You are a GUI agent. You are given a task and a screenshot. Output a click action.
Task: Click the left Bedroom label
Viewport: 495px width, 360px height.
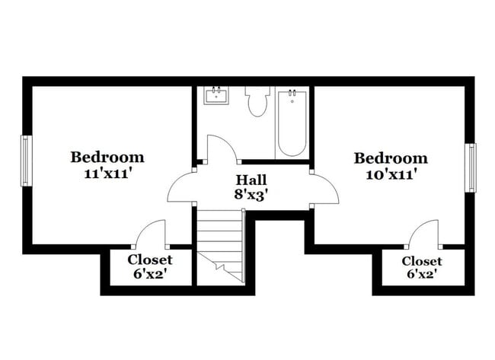[x=107, y=158]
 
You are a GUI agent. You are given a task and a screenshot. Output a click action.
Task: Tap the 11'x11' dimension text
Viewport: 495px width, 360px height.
[x=107, y=173]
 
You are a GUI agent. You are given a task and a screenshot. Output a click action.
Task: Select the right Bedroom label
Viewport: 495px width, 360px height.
[x=391, y=158]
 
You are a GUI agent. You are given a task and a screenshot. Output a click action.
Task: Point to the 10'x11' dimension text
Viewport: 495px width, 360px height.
[x=391, y=174]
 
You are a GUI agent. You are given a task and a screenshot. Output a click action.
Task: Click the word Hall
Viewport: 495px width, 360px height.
[x=251, y=180]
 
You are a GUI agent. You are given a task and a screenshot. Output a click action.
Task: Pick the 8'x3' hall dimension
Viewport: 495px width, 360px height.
[x=251, y=195]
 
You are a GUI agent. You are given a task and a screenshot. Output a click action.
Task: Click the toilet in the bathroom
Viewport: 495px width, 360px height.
[x=257, y=101]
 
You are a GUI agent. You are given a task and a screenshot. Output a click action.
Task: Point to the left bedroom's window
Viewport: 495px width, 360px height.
[x=26, y=161]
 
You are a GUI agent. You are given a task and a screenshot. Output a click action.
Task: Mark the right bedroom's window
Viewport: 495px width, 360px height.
[x=471, y=167]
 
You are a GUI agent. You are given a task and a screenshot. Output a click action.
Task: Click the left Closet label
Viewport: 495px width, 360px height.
[x=149, y=260]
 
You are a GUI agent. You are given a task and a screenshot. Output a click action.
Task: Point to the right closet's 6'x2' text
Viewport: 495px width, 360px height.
[x=421, y=274]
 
